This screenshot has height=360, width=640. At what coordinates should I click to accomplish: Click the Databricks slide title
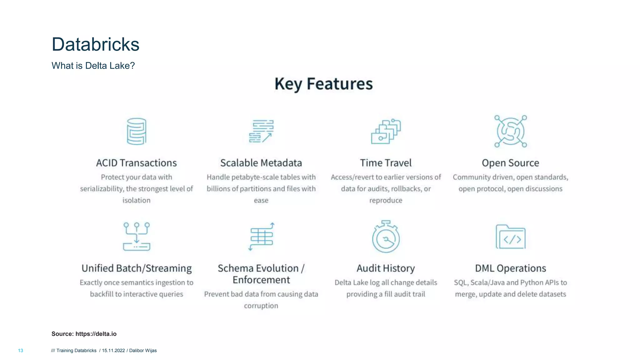tap(95, 44)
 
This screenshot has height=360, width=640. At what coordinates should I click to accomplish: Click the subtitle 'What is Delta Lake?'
tap(93, 66)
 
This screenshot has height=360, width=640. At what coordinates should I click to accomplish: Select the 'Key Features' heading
tap(323, 84)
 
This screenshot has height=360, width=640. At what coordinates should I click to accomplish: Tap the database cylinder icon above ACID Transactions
tap(137, 131)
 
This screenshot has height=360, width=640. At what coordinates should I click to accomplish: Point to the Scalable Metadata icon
tap(261, 131)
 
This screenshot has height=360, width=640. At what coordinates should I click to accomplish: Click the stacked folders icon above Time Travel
tap(386, 132)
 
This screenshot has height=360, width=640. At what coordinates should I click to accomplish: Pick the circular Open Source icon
tap(511, 131)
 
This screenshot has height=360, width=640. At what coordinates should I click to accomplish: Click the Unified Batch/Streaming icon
tap(137, 237)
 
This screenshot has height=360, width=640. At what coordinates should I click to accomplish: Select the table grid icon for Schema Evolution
tap(261, 237)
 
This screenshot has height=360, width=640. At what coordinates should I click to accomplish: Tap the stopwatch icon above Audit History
tap(386, 237)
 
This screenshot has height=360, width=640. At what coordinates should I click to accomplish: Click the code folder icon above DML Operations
tap(511, 237)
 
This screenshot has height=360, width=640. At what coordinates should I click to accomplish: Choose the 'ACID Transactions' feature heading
tap(136, 163)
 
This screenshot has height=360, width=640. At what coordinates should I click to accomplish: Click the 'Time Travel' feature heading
tap(386, 163)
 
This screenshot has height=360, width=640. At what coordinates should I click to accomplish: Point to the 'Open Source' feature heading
tap(510, 163)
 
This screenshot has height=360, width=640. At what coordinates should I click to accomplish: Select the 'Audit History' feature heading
tap(386, 268)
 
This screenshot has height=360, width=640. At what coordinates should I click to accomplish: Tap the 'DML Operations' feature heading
tap(510, 268)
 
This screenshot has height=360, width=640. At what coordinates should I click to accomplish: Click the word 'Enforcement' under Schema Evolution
tap(261, 280)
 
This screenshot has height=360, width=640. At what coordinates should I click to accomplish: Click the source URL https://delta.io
tap(96, 334)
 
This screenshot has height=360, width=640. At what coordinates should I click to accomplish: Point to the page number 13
tap(21, 351)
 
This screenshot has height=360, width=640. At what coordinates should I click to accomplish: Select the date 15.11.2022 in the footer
tap(113, 351)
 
